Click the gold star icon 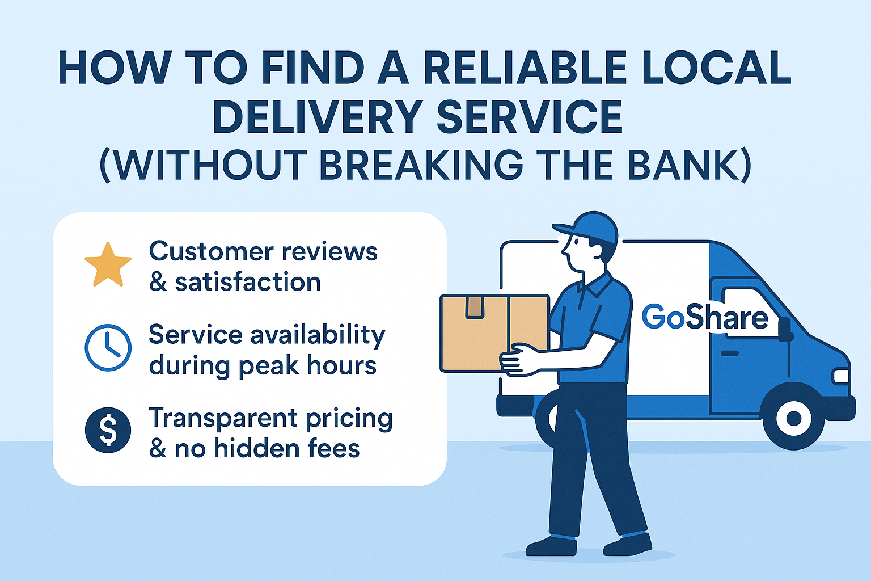(108, 264)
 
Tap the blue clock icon (108, 347)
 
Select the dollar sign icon (108, 430)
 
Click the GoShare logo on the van (705, 317)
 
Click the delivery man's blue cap (587, 227)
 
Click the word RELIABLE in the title (525, 68)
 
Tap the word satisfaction (248, 282)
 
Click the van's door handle (729, 353)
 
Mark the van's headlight (840, 376)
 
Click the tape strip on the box (474, 306)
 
